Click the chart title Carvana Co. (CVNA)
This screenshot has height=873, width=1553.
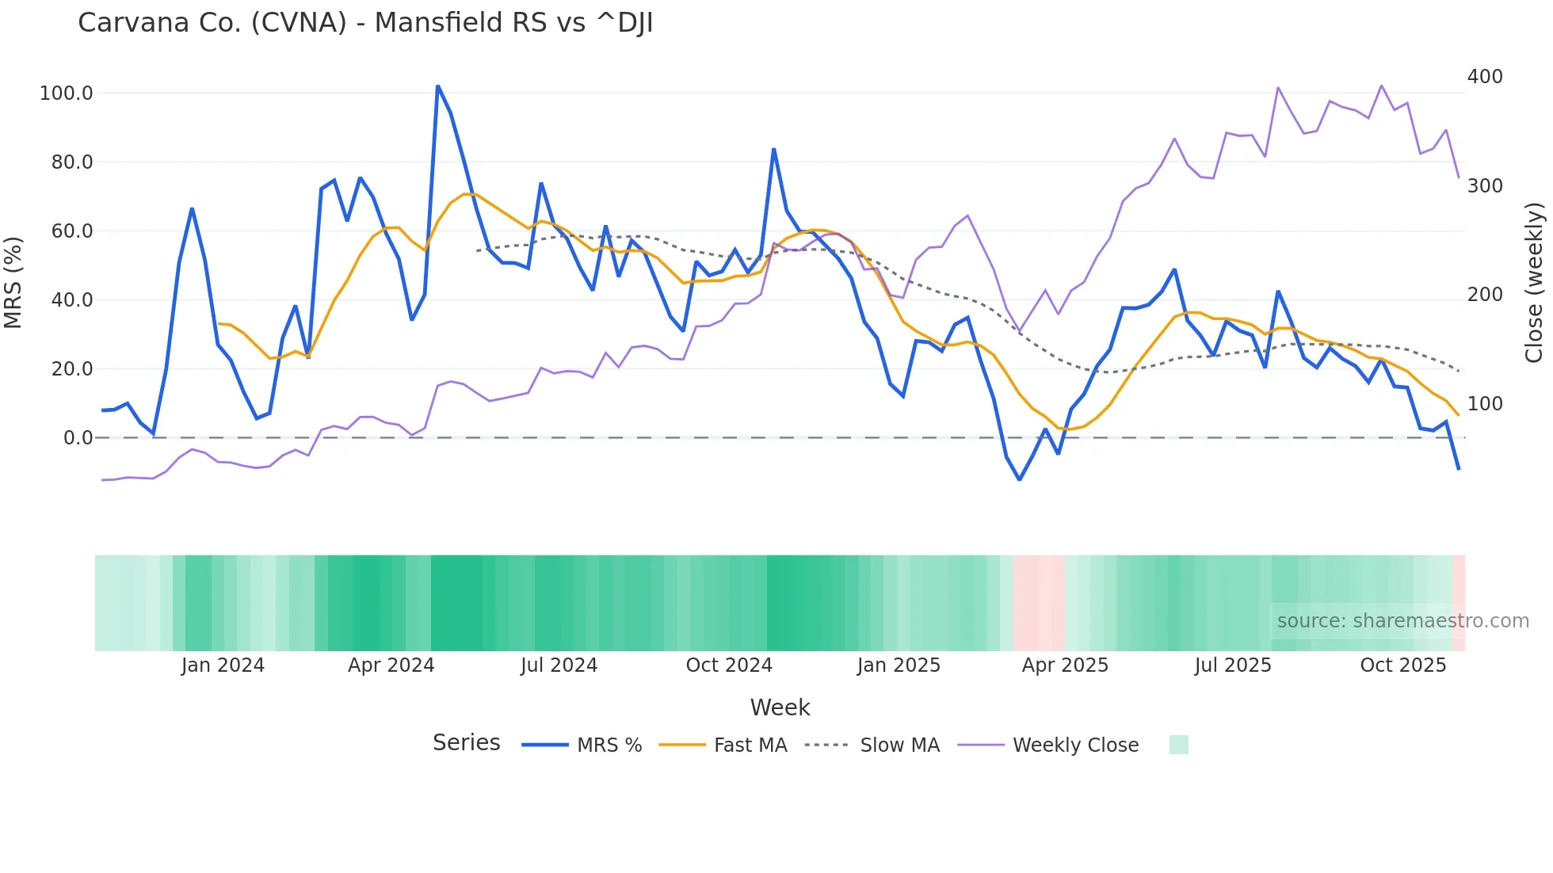364,23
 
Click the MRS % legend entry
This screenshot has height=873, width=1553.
609,745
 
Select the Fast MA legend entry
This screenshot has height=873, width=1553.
750,745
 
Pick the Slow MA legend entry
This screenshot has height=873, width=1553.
899,745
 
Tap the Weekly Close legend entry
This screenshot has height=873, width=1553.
1075,745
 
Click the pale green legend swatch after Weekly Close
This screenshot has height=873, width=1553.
1178,745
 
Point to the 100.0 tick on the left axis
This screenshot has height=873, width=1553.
67,93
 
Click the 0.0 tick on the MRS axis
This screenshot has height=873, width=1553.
78,438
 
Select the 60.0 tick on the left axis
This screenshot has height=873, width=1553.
72,231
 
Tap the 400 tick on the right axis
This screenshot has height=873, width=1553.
1485,77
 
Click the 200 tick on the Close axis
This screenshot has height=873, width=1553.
1485,295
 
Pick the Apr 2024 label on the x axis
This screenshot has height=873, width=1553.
391,665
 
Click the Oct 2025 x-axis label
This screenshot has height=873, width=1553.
1402,665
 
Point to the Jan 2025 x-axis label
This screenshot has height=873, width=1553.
899,665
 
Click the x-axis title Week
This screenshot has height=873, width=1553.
780,707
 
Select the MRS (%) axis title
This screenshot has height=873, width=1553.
13,282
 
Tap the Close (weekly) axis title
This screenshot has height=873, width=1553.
1534,283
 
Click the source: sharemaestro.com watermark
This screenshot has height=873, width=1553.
1402,621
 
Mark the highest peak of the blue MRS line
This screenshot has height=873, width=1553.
438,86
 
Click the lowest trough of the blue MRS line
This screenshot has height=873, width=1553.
1020,479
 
